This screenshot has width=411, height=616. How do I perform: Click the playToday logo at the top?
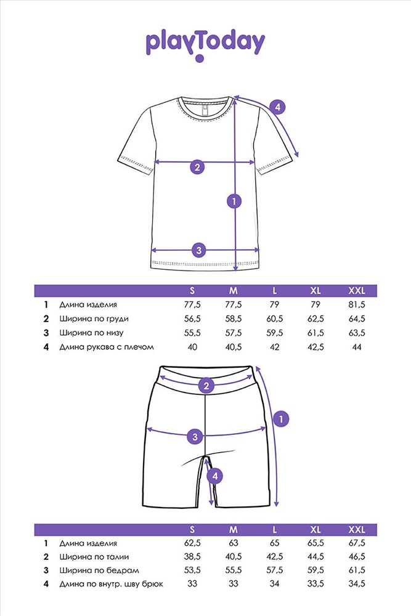tap(205, 43)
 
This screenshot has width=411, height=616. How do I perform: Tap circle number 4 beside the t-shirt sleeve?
tap(277, 107)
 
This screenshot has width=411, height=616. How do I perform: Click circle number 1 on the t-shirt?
tap(234, 200)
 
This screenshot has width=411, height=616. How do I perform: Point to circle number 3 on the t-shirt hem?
tap(198, 250)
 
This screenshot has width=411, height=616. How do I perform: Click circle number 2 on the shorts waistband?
tap(206, 386)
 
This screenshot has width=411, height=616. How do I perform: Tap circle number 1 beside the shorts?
tap(281, 419)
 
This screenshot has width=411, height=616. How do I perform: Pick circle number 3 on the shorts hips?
tap(195, 436)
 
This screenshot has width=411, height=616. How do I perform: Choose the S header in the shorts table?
tap(192, 530)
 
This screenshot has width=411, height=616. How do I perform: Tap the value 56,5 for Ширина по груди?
tap(192, 319)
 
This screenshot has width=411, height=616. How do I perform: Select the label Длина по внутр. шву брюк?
tap(112, 584)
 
